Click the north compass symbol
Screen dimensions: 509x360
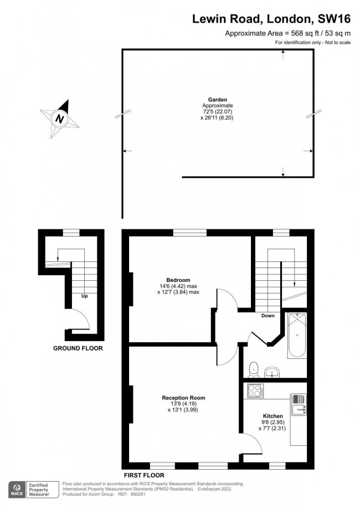(x=59, y=118)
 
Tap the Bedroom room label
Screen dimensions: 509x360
(x=178, y=280)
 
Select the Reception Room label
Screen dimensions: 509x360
(x=183, y=398)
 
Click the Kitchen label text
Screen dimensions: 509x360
(x=273, y=416)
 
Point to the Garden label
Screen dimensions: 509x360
(x=218, y=100)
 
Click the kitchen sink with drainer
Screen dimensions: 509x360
(x=299, y=405)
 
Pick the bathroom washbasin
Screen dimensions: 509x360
(x=272, y=372)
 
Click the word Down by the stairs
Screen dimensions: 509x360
(x=268, y=316)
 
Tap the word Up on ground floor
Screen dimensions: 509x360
(x=85, y=296)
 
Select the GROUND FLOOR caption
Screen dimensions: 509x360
(x=78, y=348)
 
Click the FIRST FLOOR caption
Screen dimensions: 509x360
(x=143, y=475)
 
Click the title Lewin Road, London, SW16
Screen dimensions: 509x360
(x=271, y=19)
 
